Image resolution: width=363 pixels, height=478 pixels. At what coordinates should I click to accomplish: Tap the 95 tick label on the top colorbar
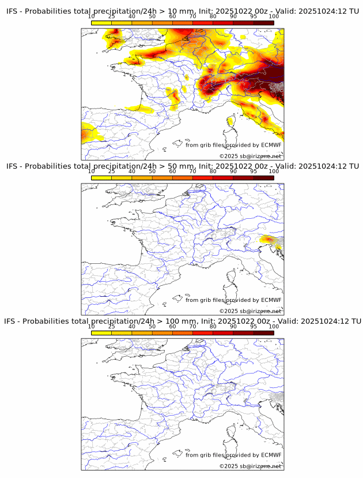(x=254, y=16)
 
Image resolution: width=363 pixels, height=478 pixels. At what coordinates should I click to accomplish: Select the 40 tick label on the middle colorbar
(x=132, y=171)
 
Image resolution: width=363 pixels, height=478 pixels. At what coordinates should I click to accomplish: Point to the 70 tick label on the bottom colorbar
(x=192, y=327)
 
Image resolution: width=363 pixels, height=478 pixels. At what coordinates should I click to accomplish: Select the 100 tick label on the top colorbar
(x=274, y=16)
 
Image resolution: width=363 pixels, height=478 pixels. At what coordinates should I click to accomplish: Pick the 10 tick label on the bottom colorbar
(x=91, y=327)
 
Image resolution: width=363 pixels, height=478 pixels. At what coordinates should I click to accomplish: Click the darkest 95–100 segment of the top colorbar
(x=263, y=23)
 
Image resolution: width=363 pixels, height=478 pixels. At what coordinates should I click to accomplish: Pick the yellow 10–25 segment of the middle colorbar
(x=101, y=178)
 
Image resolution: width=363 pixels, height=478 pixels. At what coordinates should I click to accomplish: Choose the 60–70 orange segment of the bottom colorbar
(x=183, y=333)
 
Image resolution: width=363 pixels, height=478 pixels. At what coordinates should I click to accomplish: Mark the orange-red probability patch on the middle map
(x=269, y=239)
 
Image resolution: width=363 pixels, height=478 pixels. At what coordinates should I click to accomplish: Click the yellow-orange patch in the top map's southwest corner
(x=90, y=134)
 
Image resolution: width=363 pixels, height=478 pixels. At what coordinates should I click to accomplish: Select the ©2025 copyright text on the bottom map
(x=228, y=466)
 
